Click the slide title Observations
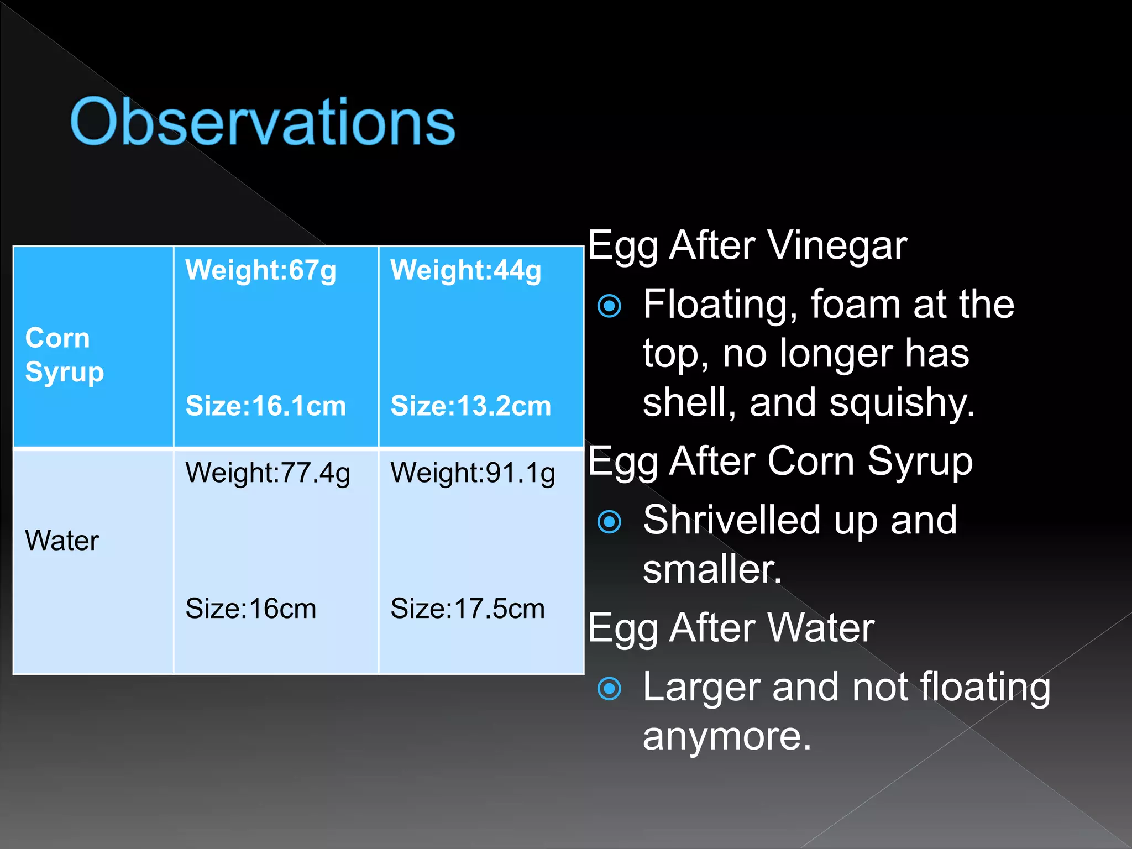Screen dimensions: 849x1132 pyautogui.click(x=262, y=122)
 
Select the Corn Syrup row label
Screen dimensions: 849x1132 pyautogui.click(x=64, y=354)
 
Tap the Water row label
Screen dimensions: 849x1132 pyautogui.click(x=62, y=541)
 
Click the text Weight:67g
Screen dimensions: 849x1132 pyautogui.click(x=260, y=270)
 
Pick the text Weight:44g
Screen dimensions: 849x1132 pyautogui.click(x=465, y=270)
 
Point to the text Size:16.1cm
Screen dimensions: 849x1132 pyautogui.click(x=265, y=406)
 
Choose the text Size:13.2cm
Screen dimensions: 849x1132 pyautogui.click(x=470, y=406)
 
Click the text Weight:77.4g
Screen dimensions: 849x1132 pyautogui.click(x=268, y=473)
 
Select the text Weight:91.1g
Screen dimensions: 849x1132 pyautogui.click(x=473, y=473)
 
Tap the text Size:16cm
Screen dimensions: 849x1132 pyautogui.click(x=250, y=609)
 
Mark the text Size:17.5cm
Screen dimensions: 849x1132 pyautogui.click(x=467, y=609)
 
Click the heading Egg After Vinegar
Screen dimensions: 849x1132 pyautogui.click(x=747, y=245)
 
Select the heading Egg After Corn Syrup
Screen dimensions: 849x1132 pyautogui.click(x=780, y=462)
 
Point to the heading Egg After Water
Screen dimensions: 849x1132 pyautogui.click(x=731, y=628)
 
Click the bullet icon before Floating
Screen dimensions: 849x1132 pyautogui.click(x=610, y=306)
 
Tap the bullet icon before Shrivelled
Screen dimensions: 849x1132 pyautogui.click(x=610, y=521)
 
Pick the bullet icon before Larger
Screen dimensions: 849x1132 pyautogui.click(x=610, y=688)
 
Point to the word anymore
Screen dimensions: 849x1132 pyautogui.click(x=726, y=737)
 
